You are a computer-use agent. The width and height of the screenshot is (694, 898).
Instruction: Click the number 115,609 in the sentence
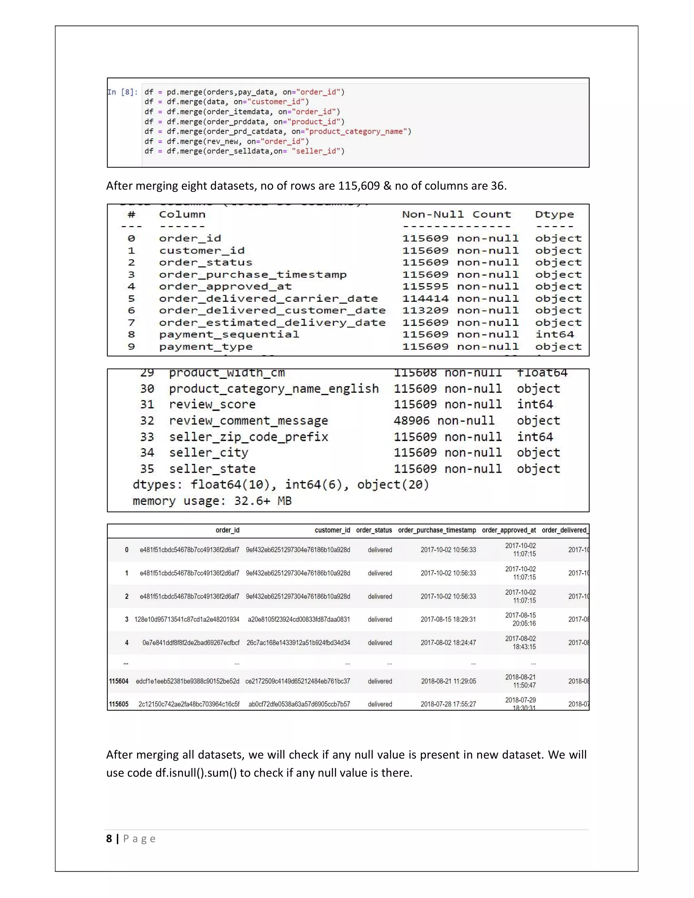[x=359, y=186]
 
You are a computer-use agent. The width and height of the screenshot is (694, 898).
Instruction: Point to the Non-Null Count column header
[x=456, y=214]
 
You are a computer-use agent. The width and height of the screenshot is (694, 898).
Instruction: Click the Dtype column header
[x=554, y=214]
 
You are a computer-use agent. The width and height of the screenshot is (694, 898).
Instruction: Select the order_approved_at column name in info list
[x=225, y=286]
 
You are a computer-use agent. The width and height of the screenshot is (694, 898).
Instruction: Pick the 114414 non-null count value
[x=425, y=299]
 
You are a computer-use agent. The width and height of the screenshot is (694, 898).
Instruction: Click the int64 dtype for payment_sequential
[x=554, y=334]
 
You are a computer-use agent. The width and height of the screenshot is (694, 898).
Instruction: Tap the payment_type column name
[x=206, y=347]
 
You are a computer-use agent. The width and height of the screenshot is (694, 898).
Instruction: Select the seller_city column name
[x=208, y=453]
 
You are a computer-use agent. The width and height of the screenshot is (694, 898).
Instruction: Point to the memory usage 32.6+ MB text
[x=212, y=501]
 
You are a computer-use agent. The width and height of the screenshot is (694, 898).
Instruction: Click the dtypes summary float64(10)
[x=230, y=485]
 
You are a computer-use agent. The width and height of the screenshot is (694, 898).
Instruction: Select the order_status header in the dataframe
[x=374, y=530]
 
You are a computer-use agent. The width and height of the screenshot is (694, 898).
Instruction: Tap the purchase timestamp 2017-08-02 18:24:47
[x=448, y=642]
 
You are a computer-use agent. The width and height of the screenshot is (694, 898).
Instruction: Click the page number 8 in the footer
[x=109, y=839]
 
